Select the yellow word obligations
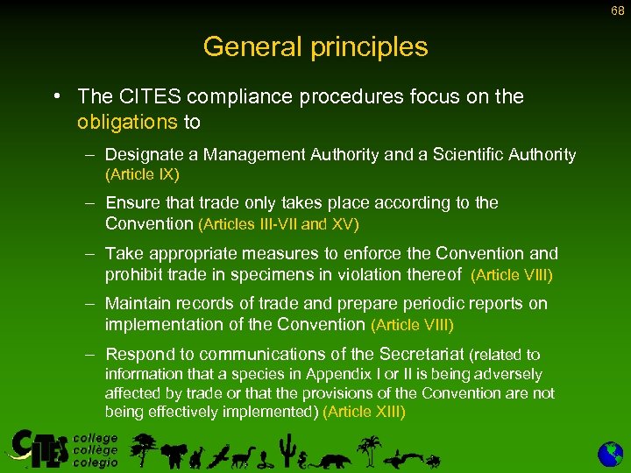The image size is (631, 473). click(127, 121)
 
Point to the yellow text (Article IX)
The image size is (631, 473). click(142, 174)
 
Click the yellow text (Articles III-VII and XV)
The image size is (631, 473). click(279, 223)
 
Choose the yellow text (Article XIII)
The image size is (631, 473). click(364, 411)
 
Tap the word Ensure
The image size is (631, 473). click(132, 203)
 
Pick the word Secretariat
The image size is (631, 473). click(422, 355)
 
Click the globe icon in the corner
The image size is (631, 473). click(610, 454)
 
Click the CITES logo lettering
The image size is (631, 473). click(39, 449)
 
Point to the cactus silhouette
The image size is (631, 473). click(285, 450)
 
